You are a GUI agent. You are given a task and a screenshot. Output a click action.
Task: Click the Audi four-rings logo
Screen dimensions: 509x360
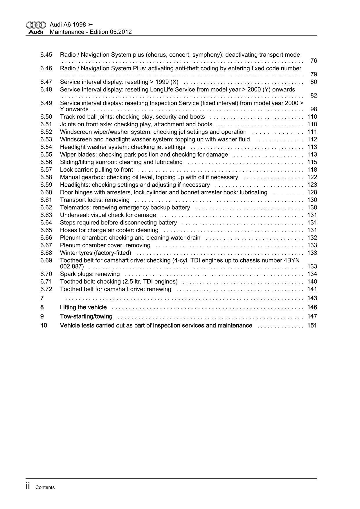(x=36, y=25)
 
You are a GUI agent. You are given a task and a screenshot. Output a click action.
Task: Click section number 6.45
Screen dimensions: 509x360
(x=46, y=55)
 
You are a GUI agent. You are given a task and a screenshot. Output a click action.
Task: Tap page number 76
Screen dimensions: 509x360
(x=314, y=61)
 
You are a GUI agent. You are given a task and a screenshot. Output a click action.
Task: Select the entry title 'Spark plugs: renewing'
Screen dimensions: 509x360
(x=90, y=274)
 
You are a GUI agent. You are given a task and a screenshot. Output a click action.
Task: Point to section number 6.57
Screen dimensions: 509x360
(x=46, y=170)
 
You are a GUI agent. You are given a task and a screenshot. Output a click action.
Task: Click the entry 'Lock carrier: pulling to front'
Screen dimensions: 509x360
(x=96, y=170)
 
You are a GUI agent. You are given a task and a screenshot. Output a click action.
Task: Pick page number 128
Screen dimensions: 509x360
(x=312, y=193)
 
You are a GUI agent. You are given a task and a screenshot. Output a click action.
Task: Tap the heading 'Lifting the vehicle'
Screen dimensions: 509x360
(x=83, y=307)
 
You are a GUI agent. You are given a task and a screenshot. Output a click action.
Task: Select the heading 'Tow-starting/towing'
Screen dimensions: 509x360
(x=86, y=316)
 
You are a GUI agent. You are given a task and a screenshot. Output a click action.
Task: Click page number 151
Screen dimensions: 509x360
(x=312, y=325)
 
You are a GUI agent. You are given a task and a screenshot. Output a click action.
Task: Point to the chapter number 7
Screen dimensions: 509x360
(x=42, y=298)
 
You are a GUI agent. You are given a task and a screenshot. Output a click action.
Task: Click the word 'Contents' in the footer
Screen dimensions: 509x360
(x=45, y=488)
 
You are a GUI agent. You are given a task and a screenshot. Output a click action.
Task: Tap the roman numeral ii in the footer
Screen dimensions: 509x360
(x=28, y=487)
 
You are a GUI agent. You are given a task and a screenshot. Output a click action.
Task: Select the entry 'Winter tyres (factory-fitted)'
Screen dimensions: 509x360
(x=96, y=253)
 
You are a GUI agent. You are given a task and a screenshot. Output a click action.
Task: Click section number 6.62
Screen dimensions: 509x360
(x=46, y=208)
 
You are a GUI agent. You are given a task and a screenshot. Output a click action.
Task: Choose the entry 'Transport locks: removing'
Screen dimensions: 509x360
(x=95, y=200)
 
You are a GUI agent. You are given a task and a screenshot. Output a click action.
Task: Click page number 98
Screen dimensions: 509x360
(x=314, y=109)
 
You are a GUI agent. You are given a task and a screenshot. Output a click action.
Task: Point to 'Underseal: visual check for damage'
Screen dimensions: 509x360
(x=108, y=215)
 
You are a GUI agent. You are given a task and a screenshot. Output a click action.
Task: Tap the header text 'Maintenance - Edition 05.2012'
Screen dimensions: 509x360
(x=91, y=32)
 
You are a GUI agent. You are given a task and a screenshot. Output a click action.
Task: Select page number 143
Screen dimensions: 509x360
(x=312, y=298)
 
